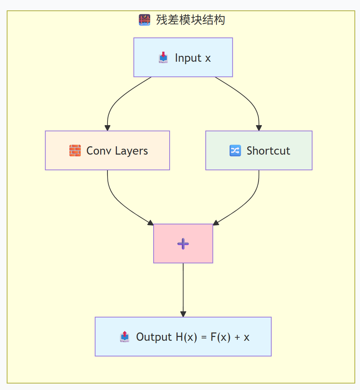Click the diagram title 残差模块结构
190,20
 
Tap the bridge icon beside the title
144,20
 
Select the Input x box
183,57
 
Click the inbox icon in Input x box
163,58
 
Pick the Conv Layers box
107,150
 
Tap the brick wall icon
75,151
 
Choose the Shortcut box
259,150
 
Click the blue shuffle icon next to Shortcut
235,151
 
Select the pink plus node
183,243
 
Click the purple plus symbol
183,244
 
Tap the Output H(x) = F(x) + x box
183,337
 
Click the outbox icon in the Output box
125,337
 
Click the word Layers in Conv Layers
131,151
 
